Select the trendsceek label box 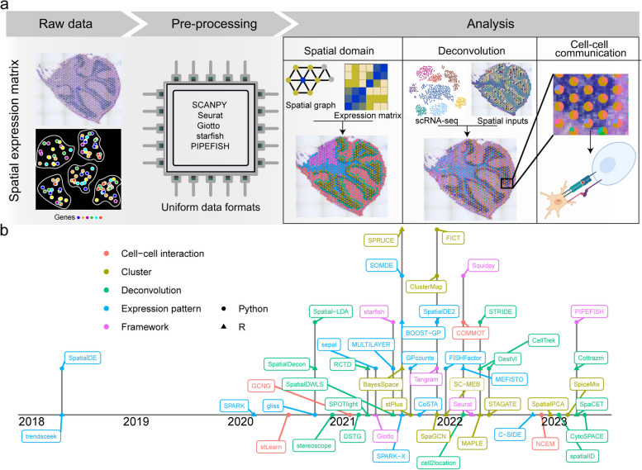coord(42,436)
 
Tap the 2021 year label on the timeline coord(340,420)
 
